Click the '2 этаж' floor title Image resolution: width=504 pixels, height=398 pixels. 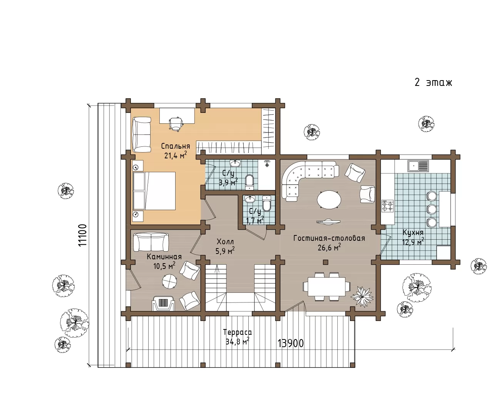[433, 82]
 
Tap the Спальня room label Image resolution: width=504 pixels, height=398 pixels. [176, 146]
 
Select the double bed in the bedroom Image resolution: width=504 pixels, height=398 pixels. [154, 191]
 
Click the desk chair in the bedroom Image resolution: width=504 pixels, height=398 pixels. [176, 123]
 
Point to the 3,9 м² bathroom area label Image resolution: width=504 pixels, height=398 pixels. [228, 182]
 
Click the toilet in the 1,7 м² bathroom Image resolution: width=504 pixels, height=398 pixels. [266, 204]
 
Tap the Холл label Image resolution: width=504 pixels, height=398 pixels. [225, 242]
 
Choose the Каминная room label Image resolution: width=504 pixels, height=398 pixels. [164, 257]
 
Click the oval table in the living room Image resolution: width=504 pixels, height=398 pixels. [329, 199]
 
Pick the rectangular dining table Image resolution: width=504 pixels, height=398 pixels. [327, 287]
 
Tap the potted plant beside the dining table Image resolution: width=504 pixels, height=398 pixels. [362, 297]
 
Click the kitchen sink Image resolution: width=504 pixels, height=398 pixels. [418, 166]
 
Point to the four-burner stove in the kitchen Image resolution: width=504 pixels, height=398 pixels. [388, 206]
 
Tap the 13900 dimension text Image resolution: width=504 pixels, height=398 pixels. [291, 343]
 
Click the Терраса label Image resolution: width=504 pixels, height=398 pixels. [237, 332]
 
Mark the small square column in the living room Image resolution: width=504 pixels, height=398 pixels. [325, 262]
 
